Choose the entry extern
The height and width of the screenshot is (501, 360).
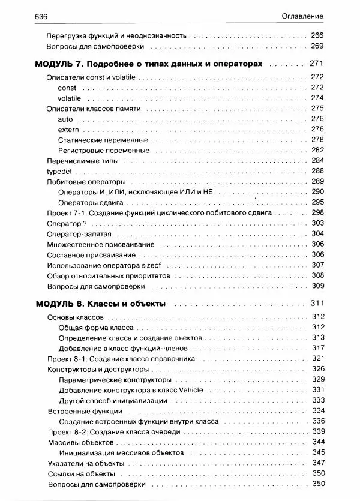[69, 130]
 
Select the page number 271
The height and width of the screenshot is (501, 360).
[316, 63]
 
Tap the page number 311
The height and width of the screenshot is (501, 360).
[316, 303]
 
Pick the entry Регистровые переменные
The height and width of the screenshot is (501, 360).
[104, 150]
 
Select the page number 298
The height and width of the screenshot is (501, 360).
[317, 213]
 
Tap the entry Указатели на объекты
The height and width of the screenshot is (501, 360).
[85, 463]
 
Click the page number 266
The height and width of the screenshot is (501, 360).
[317, 36]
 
